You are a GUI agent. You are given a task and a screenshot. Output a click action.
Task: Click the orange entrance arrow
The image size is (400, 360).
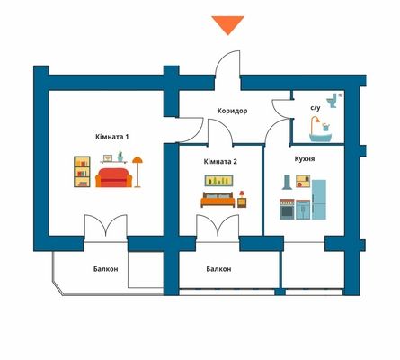coord(228,24)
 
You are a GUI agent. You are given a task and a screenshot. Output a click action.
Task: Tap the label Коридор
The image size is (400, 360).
coord(232,111)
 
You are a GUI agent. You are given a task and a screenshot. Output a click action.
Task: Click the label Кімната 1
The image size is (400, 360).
coord(112,137)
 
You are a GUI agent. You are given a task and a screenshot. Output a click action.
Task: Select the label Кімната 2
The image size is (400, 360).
coord(220,162)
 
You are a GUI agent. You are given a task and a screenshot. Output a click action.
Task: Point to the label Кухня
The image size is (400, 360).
coord(305,159)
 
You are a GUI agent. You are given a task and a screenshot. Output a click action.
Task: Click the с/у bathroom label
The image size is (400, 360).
coord(316,107)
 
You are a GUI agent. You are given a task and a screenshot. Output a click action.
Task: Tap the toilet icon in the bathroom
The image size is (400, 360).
coord(332,101)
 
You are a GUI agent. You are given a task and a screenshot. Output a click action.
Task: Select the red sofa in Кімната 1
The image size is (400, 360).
coord(114,177)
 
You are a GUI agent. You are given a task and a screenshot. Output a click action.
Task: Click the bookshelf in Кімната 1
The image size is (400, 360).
coord(82,172)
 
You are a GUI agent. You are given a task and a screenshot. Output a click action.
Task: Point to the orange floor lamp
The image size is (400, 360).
coord(138,172)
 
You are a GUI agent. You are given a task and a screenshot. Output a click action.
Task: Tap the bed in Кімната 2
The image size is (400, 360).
coord(218,200)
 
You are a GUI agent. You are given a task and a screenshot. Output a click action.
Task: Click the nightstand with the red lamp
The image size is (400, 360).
coord(242,199)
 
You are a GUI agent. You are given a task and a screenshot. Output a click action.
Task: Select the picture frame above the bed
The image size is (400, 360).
coord(218,180)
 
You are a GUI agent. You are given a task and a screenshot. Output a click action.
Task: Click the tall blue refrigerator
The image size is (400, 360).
coord(319,199)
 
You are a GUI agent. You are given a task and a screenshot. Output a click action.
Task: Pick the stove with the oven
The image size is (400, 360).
coord(287,209)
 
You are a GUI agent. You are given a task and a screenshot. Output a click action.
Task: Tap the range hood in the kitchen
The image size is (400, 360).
coord(288,183)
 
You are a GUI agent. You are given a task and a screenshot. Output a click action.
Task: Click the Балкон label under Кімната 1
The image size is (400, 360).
coord(106,269)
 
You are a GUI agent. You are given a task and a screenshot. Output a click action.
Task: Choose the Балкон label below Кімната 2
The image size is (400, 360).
coord(218,269)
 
